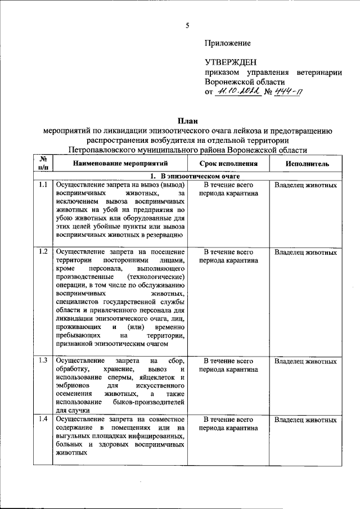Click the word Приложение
[228, 43]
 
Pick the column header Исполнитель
[307, 164]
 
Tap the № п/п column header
[42, 163]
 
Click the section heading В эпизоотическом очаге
[191, 176]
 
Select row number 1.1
[42, 185]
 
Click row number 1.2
[42, 251]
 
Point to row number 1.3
[42, 360]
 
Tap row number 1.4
[42, 420]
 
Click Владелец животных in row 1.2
[306, 252]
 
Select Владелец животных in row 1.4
[306, 420]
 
